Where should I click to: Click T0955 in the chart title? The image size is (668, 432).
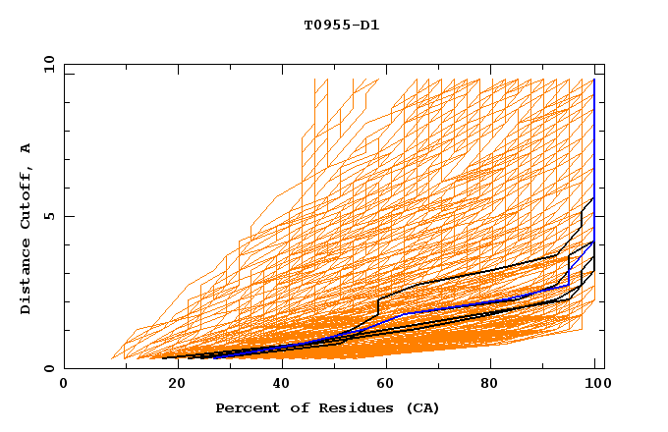(x=324, y=26)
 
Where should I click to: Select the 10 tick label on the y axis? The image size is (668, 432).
(x=45, y=64)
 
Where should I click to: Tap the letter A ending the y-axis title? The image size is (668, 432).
(x=26, y=148)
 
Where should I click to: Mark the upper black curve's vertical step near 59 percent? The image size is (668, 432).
(x=378, y=306)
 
